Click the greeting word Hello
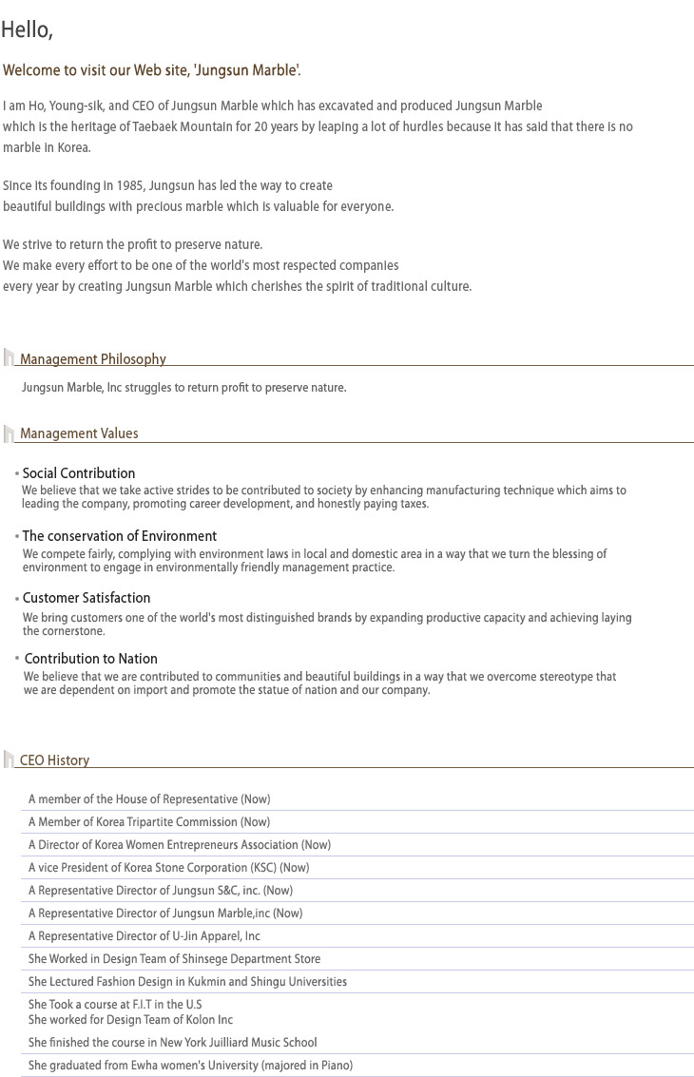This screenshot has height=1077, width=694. click(26, 30)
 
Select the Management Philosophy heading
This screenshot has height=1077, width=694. click(93, 359)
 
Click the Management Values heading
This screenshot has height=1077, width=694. click(79, 433)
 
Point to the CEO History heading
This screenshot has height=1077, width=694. click(54, 760)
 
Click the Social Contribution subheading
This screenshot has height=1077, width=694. click(79, 473)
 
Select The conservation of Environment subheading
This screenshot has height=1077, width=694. click(120, 536)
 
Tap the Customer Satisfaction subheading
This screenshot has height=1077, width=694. click(87, 598)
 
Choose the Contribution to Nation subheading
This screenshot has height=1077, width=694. click(91, 659)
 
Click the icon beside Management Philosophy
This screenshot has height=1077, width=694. click(9, 358)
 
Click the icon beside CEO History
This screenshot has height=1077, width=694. click(9, 760)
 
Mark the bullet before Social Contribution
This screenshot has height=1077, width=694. click(17, 473)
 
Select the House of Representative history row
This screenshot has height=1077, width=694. click(149, 799)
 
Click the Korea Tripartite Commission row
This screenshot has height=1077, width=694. click(149, 822)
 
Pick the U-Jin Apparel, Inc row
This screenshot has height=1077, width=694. click(145, 936)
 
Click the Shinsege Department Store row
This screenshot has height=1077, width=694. click(174, 959)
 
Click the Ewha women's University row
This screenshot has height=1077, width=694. click(190, 1066)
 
